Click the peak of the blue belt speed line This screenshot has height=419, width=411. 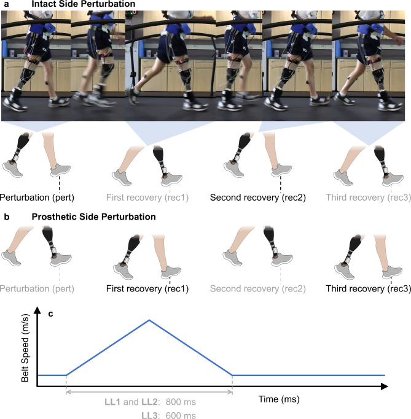(149, 320)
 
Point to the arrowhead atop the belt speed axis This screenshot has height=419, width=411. (38, 311)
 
